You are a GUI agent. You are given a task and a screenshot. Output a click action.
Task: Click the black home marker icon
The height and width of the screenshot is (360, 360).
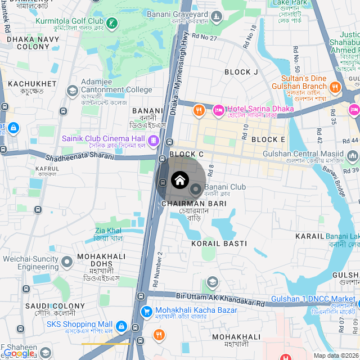pos(179,180)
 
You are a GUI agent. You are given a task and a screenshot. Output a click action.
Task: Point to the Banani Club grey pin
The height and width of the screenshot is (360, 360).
pos(196,188)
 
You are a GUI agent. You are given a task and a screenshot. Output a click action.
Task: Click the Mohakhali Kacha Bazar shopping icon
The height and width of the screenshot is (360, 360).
pos(146,310)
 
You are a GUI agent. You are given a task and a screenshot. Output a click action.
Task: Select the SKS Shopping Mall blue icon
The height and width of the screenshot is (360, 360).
pos(120,325)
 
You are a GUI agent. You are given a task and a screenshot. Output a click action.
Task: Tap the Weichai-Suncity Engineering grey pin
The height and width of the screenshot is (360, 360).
pos(67,262)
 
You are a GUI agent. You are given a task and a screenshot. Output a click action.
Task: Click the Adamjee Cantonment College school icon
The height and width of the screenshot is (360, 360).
pos(72,90)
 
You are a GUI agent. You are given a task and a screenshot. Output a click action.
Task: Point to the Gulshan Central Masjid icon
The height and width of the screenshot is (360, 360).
pos(352,155)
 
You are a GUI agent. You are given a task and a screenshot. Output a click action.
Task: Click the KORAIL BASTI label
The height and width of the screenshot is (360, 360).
pos(219,244)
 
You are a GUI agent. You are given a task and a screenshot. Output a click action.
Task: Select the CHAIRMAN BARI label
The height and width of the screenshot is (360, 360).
pos(193,203)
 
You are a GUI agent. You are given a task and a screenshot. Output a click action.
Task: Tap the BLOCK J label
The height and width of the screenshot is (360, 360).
pos(241,72)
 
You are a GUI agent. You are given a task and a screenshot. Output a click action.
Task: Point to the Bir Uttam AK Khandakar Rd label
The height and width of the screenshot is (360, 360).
pos(220,298)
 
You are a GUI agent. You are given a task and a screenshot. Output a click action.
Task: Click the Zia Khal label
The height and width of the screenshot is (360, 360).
pos(108,231)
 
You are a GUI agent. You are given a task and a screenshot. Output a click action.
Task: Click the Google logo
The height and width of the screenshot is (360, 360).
pos(19,353)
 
